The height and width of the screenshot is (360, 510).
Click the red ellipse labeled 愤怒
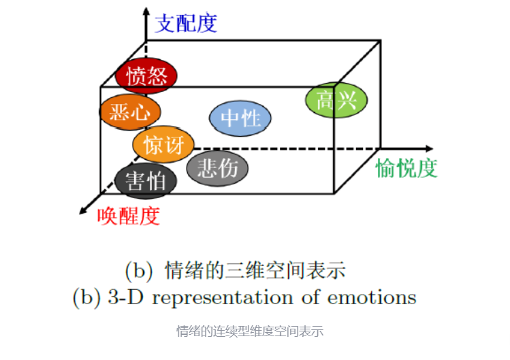click(146, 76)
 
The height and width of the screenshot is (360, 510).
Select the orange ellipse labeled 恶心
click(130, 111)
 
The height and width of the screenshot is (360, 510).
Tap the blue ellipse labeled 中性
click(240, 118)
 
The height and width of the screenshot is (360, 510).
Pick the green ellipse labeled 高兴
click(336, 101)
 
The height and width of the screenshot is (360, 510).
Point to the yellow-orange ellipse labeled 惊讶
click(163, 144)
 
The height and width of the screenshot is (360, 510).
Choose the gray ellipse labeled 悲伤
click(217, 167)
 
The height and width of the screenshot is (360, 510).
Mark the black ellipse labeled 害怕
click(146, 181)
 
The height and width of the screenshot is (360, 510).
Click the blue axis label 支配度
click(187, 23)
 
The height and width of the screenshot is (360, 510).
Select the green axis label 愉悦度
click(407, 168)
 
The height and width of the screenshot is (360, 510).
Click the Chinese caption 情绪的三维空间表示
click(255, 271)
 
